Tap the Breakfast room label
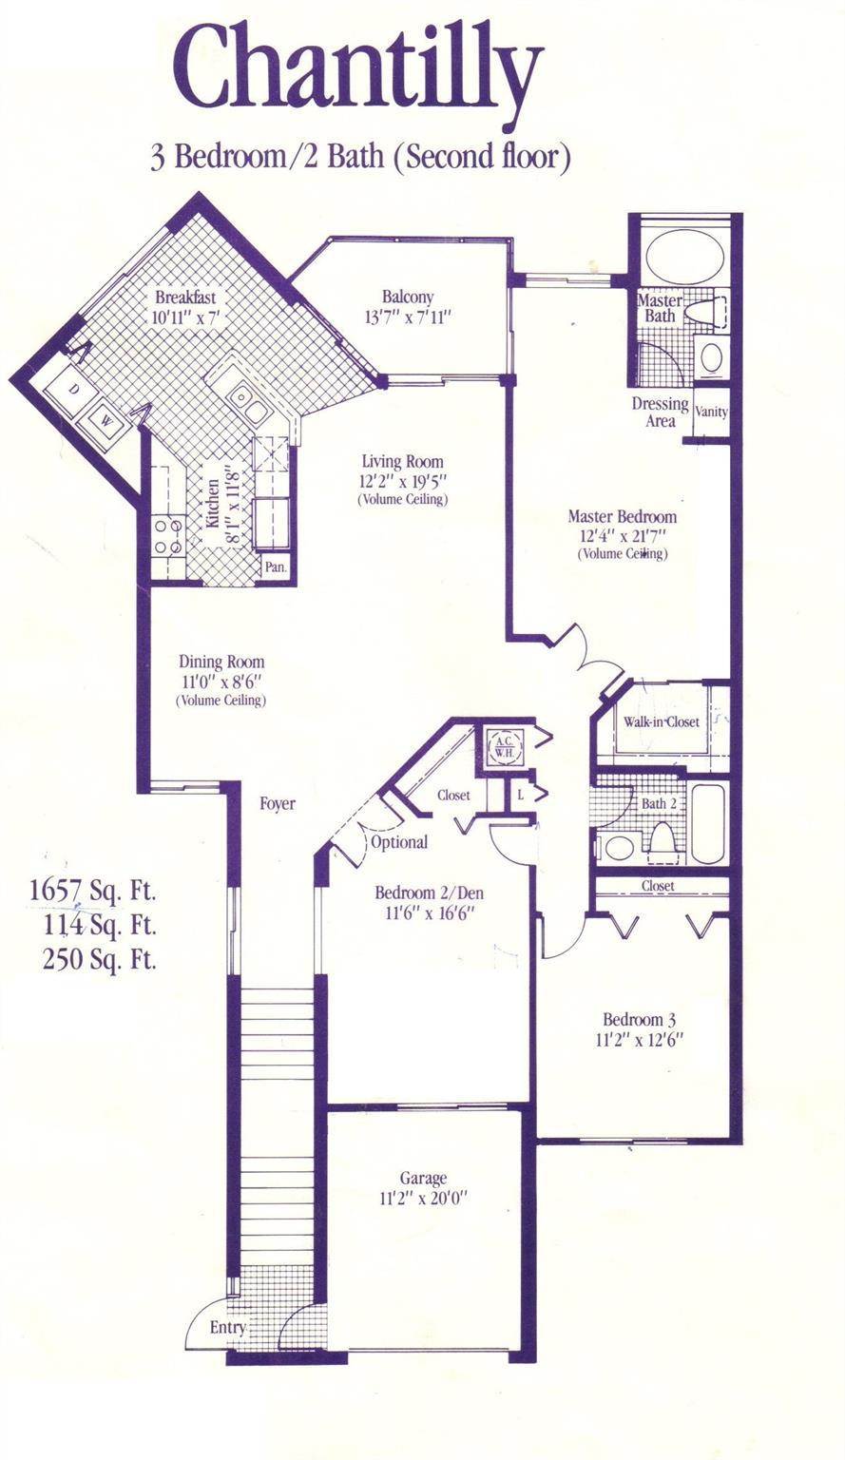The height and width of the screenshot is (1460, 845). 185,298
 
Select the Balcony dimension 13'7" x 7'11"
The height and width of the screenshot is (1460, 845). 408,317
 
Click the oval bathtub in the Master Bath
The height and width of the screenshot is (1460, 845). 685,255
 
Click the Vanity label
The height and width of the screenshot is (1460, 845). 711,412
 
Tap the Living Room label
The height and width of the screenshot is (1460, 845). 402,462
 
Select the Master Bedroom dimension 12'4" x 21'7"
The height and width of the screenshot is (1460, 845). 622,536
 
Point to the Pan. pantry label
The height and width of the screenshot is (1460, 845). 275,567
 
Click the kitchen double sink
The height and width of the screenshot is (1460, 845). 250,403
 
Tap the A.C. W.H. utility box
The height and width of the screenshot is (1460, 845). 504,745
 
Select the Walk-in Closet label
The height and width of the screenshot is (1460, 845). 662,721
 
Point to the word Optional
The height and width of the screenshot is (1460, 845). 399,842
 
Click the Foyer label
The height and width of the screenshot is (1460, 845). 278,803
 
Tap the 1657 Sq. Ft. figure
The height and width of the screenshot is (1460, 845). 92,891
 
